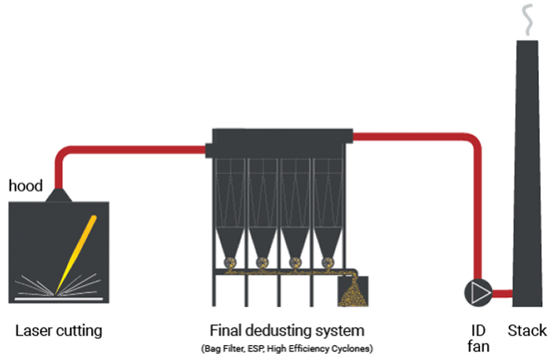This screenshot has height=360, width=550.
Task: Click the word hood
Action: pyautogui.click(x=25, y=186)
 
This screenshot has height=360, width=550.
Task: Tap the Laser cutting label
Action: pyautogui.click(x=59, y=330)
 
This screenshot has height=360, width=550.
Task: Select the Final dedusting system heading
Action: pyautogui.click(x=287, y=330)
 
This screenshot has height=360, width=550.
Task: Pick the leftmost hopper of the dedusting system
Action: pyautogui.click(x=231, y=236)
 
